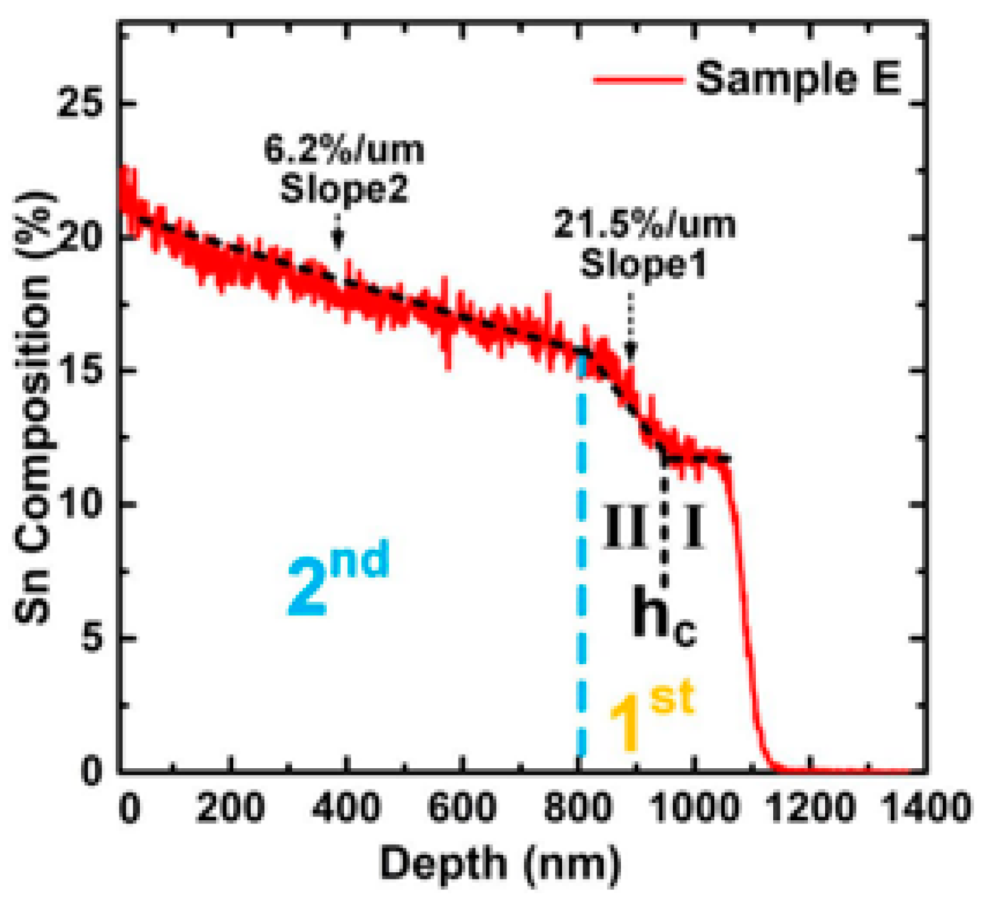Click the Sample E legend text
click(x=798, y=79)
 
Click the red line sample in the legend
click(x=638, y=80)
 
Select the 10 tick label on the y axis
click(x=79, y=503)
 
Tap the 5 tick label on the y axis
click(x=92, y=637)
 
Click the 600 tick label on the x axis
click(x=461, y=808)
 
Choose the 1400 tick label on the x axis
click(x=925, y=808)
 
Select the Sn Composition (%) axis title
click(x=33, y=409)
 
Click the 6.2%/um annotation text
click(x=344, y=150)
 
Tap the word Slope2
click(x=344, y=188)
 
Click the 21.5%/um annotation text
click(x=644, y=224)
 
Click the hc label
click(x=663, y=617)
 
